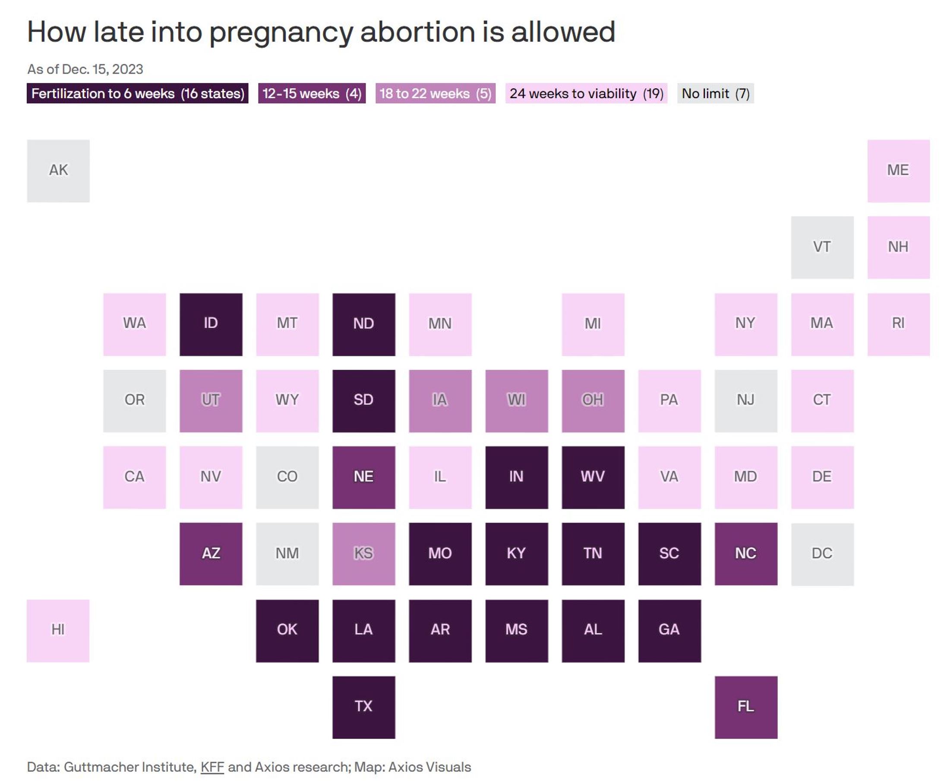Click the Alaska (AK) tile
[x=58, y=171]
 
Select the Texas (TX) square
[x=364, y=707]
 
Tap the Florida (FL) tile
[x=746, y=707]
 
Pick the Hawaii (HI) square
[x=58, y=631]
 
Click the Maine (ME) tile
[x=898, y=171]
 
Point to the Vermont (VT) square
[x=822, y=248]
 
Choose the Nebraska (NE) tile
[x=364, y=477]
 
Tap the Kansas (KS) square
[x=364, y=554]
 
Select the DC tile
[x=822, y=554]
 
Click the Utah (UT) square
[x=211, y=401]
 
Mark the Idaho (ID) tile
[x=211, y=324]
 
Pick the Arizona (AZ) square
[x=211, y=554]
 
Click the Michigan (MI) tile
[x=593, y=324]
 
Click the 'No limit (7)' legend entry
[x=715, y=94]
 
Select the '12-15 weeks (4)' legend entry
[x=312, y=94]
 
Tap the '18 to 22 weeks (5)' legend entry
[x=435, y=94]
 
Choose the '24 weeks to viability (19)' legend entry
[x=586, y=94]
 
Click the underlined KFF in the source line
[x=212, y=767]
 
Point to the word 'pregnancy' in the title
[x=281, y=32]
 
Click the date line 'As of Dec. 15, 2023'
[x=85, y=69]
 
